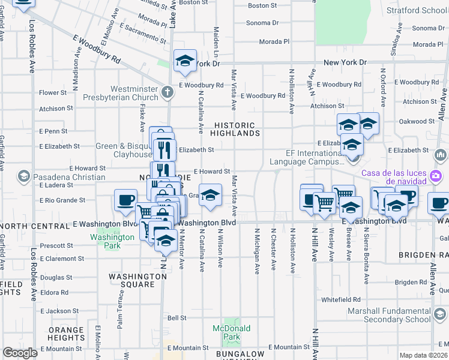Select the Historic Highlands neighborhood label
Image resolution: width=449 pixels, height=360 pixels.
(x=235, y=129)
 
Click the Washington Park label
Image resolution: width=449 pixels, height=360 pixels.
(x=112, y=241)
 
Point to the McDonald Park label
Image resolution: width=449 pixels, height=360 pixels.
(x=231, y=332)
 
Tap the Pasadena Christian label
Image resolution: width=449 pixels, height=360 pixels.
(x=62, y=177)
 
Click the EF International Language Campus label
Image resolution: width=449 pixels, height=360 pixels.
(x=306, y=157)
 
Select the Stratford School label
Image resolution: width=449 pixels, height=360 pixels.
(x=424, y=10)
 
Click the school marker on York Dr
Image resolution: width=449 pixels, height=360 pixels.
(x=185, y=60)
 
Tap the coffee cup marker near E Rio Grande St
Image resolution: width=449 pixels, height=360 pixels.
(x=125, y=200)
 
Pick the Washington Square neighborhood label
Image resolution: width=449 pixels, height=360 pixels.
(x=137, y=280)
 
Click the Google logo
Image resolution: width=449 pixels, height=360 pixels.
(x=20, y=353)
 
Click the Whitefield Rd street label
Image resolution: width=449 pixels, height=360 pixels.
(x=340, y=299)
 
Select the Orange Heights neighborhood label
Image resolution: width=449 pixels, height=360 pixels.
(x=66, y=334)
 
